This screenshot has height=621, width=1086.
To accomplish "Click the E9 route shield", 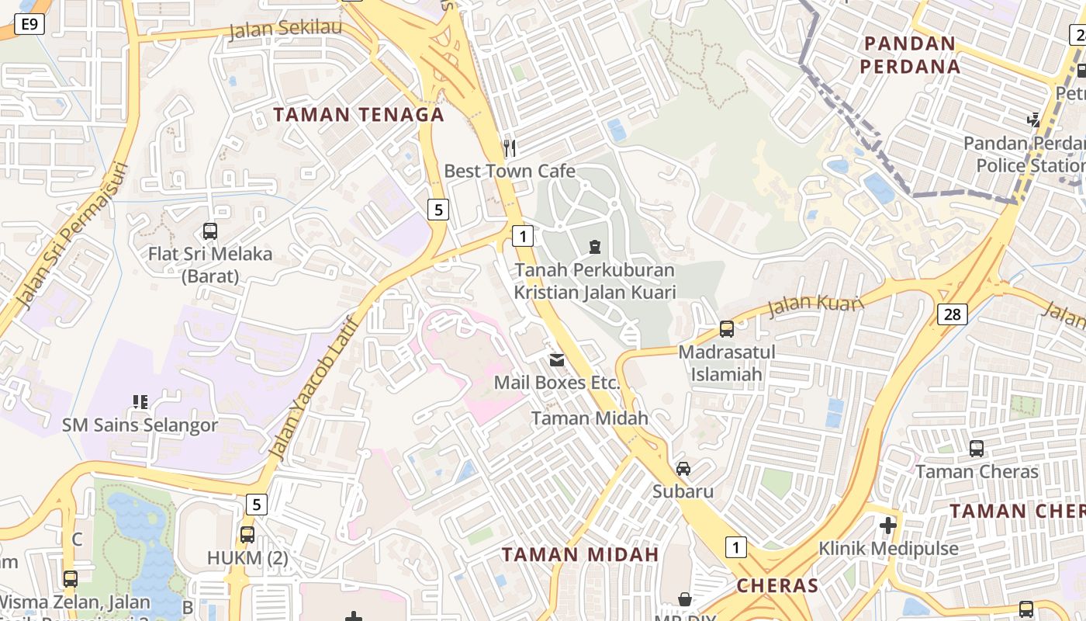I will (x=29, y=25).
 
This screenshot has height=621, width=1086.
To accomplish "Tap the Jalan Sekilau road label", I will (x=286, y=30).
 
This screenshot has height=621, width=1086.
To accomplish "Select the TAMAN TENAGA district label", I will (x=359, y=115).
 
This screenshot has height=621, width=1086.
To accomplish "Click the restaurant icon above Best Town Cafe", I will (x=510, y=147).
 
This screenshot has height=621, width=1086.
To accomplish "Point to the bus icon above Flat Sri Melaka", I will (x=209, y=231).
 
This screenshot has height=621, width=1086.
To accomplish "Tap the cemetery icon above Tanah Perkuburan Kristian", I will (x=594, y=247).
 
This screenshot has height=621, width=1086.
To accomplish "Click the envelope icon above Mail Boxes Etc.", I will (x=557, y=359).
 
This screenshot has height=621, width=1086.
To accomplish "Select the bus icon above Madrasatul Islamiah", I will (x=727, y=328).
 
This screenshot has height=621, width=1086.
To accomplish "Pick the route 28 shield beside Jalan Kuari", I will (x=952, y=314).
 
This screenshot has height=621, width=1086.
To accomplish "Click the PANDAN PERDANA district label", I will (x=910, y=54).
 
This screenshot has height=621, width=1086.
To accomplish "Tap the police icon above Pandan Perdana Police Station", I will (x=1033, y=120).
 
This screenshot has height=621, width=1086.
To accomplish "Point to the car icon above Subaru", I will (x=683, y=468).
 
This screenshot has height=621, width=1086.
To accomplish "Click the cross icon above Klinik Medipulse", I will (x=888, y=526).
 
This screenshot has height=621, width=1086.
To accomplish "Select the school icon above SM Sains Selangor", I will (x=140, y=402).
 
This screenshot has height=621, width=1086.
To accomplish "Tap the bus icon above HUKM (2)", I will (x=247, y=534).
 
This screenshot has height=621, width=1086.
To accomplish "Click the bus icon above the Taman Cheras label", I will (x=976, y=448).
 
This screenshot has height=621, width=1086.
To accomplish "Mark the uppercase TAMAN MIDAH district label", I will (x=580, y=554).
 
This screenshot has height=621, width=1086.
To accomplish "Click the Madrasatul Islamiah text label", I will (x=727, y=363).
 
